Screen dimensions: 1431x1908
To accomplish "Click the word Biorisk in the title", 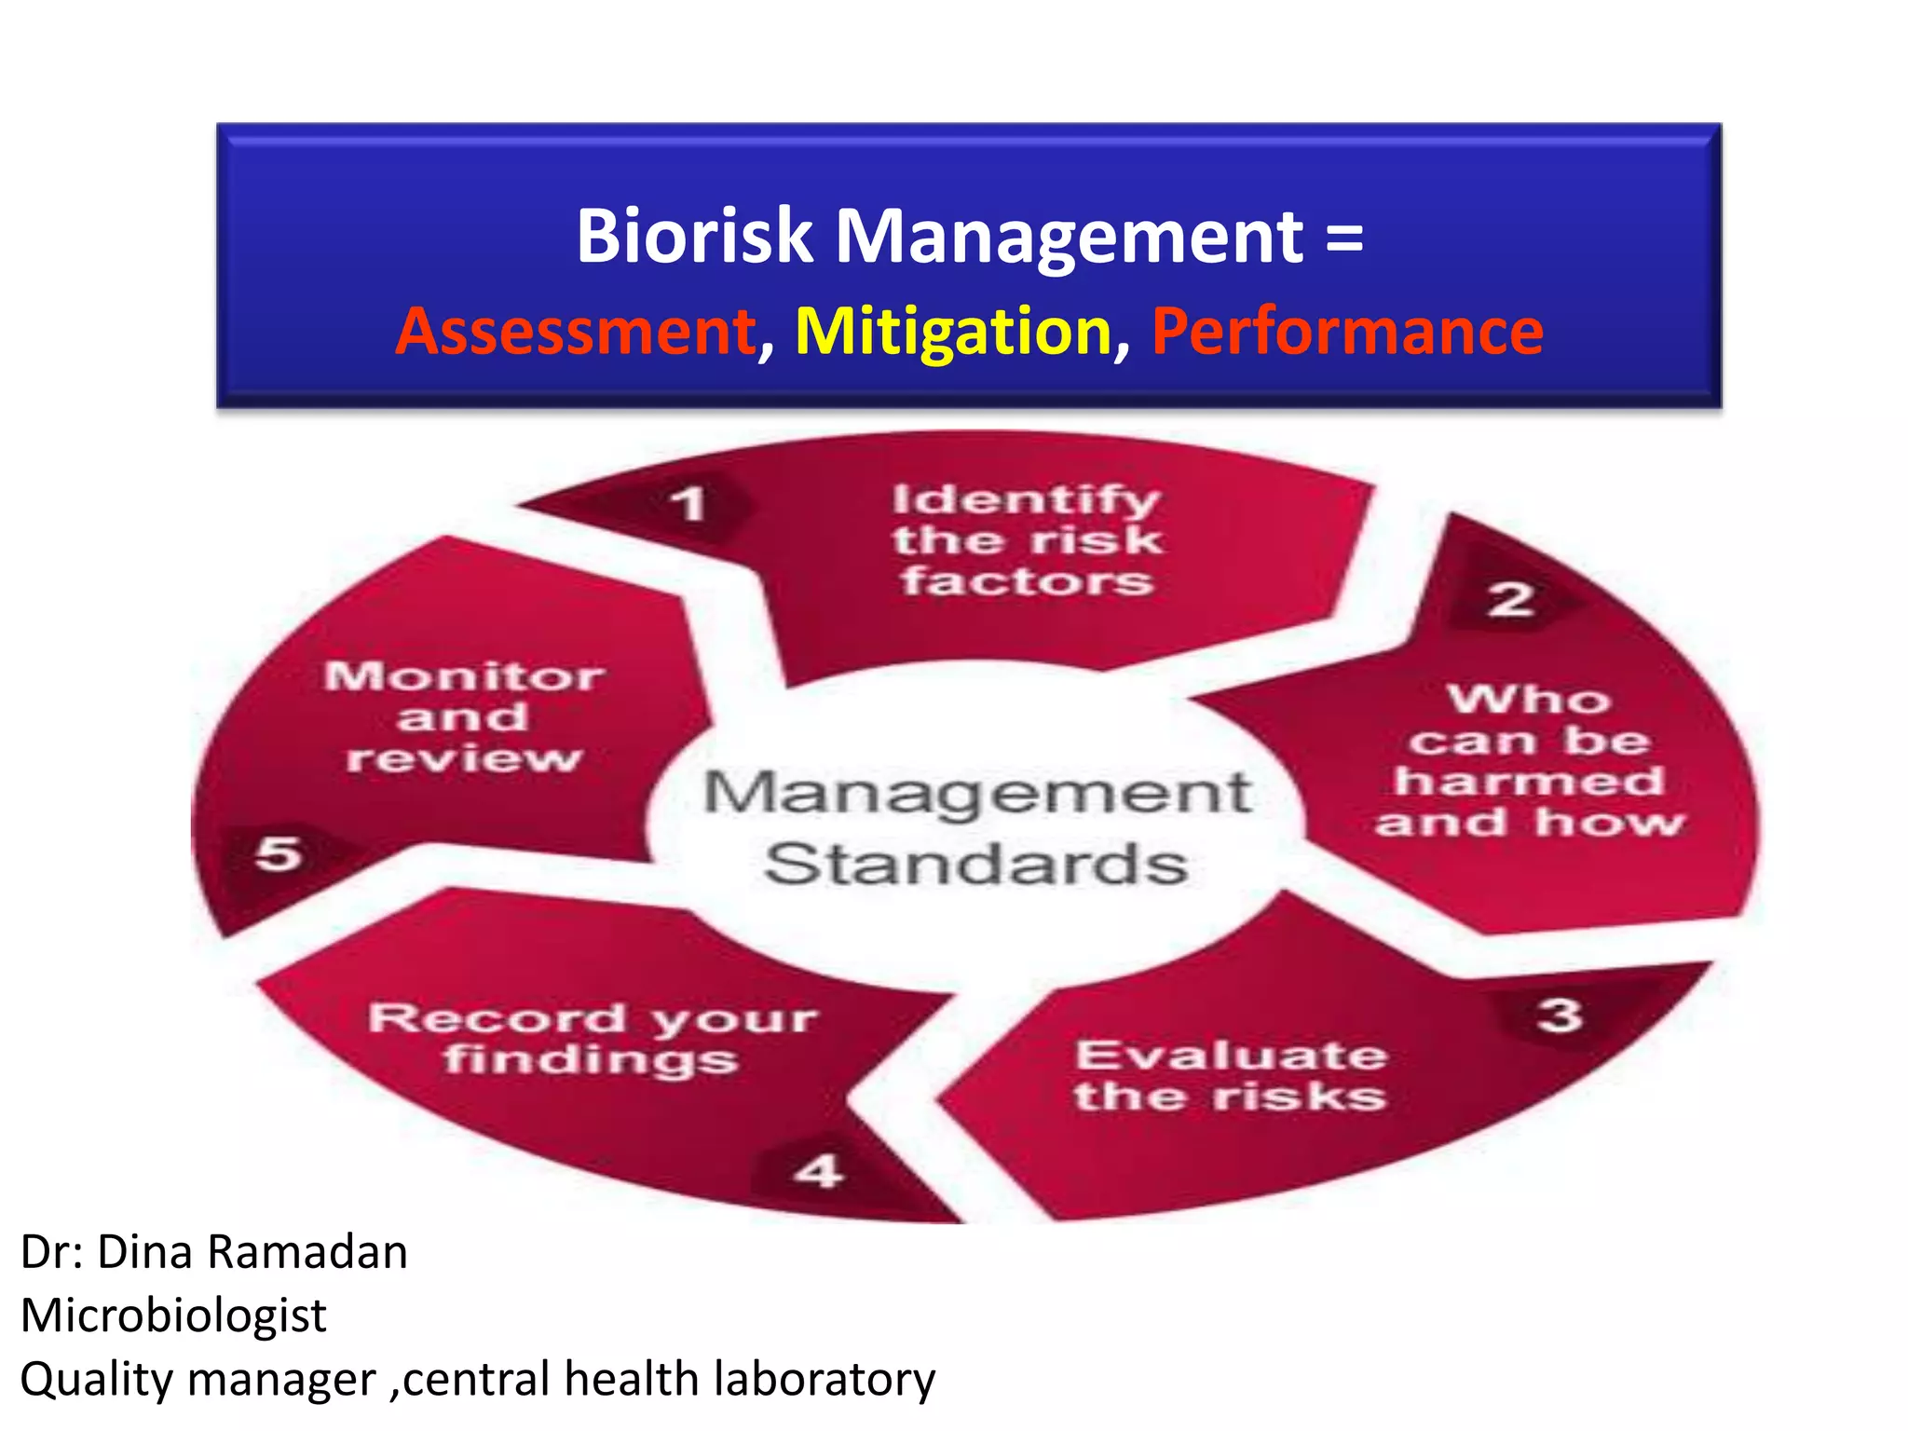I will click(x=694, y=236).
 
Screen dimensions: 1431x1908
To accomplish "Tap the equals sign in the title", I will click(x=1344, y=238).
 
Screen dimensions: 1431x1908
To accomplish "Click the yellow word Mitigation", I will click(x=953, y=332).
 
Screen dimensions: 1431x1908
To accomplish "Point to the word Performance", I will click(x=1347, y=332).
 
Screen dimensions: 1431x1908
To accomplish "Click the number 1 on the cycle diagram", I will click(x=688, y=504).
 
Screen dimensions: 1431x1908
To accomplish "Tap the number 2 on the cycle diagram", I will click(x=1510, y=599).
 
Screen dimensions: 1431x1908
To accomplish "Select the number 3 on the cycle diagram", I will click(x=1560, y=1015).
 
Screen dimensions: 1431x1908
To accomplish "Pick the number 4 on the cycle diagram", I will click(x=819, y=1170).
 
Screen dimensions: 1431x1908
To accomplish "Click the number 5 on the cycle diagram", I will click(x=278, y=852).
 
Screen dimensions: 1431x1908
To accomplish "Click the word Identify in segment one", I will click(x=1026, y=500).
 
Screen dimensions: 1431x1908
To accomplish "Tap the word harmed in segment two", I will click(x=1529, y=781).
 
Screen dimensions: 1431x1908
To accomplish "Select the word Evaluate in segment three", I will click(x=1231, y=1056).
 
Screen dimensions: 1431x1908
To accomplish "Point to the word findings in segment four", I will click(x=591, y=1059).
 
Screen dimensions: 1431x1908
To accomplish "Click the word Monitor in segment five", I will click(x=464, y=675).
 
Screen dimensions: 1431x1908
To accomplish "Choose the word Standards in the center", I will click(x=975, y=864).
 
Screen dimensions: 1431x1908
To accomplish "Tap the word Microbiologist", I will click(x=173, y=1315).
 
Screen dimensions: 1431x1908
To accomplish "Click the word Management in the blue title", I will click(x=1069, y=236).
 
